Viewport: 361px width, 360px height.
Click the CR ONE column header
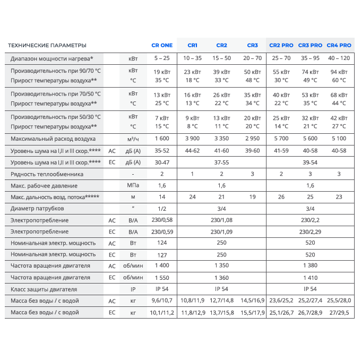[x=162, y=45]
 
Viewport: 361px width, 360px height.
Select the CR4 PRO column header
[x=339, y=45]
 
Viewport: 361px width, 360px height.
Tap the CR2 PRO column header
[x=281, y=45]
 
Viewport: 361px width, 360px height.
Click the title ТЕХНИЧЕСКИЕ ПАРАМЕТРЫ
[x=47, y=45]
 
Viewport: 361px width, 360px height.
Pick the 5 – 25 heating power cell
[x=162, y=58]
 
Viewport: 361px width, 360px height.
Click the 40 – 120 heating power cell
[x=339, y=58]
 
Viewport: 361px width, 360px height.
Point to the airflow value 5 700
[x=281, y=139]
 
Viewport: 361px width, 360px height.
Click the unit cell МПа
[x=133, y=185]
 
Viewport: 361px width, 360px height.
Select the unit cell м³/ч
[x=133, y=139]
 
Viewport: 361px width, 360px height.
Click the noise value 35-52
[x=162, y=150]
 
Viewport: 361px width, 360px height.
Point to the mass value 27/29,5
[x=339, y=313]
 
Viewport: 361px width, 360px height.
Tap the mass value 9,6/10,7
[x=162, y=301]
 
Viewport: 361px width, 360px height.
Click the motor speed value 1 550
[x=162, y=278]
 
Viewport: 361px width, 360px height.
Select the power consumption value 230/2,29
[x=311, y=232]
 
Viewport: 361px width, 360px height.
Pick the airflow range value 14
[x=162, y=197]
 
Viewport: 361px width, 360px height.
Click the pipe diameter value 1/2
[x=162, y=208]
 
